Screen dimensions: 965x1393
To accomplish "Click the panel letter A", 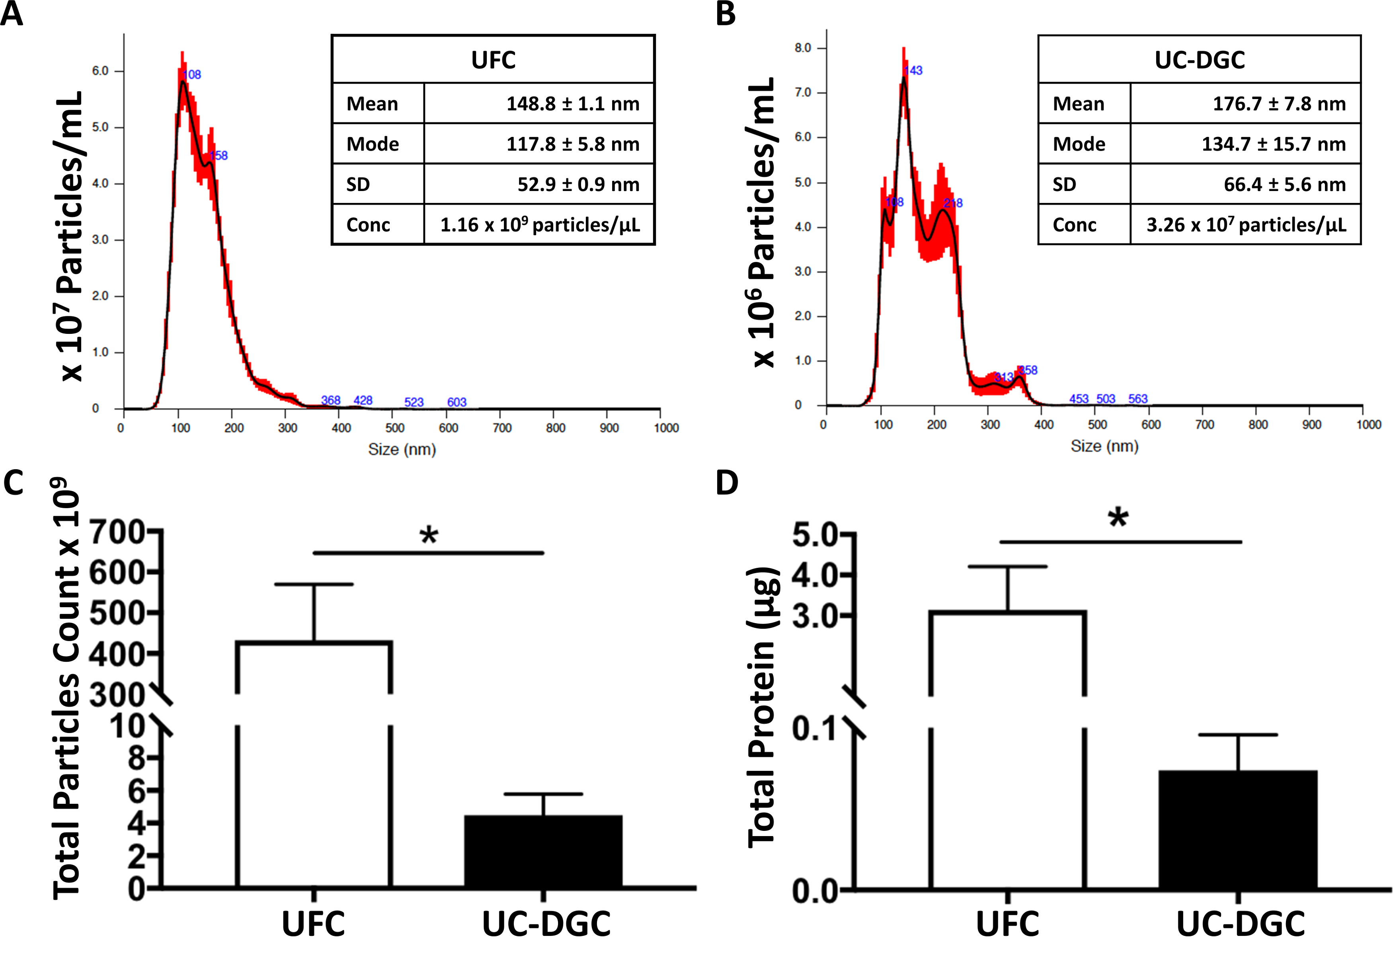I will click(x=12, y=14).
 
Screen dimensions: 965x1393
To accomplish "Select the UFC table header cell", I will click(x=493, y=60).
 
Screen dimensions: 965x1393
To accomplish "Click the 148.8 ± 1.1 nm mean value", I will click(x=572, y=104).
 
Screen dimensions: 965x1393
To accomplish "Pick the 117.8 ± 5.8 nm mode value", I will click(x=572, y=144).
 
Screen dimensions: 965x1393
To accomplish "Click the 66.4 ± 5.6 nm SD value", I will click(x=1284, y=184).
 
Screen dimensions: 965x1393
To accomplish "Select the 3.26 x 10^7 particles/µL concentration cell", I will click(x=1245, y=225).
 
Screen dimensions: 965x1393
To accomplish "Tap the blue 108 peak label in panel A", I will click(x=192, y=75).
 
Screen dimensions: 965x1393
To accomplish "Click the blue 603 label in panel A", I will click(x=457, y=402).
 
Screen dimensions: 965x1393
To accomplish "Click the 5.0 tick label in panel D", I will click(x=814, y=535).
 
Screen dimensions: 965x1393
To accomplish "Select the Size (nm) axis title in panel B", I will click(x=1104, y=446).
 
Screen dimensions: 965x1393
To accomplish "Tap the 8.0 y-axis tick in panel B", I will click(x=803, y=48).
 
